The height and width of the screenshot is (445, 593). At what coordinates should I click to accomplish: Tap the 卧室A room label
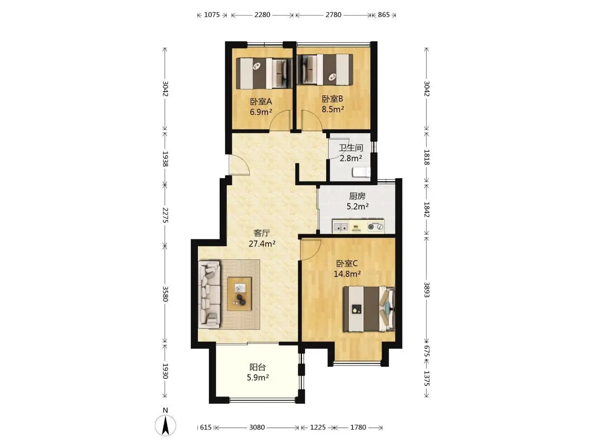[261, 102]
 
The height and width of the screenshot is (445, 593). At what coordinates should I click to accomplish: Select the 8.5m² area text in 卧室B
[332, 109]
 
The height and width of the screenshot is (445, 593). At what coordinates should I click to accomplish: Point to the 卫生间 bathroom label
[351, 148]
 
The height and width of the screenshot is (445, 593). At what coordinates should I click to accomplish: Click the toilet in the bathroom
[362, 172]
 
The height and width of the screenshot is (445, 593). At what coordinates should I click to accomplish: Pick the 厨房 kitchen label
[357, 196]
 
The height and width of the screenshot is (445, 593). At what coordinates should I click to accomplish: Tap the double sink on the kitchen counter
[340, 226]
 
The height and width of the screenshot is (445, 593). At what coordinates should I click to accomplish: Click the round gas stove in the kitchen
[375, 226]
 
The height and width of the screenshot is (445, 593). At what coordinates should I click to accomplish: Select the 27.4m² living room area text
[262, 244]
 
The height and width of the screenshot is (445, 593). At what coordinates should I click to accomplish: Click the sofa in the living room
[209, 295]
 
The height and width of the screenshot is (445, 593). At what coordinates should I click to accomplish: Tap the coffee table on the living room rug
[239, 294]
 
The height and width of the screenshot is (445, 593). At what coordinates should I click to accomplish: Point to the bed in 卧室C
[369, 309]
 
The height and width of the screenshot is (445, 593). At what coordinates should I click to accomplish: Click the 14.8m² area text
[347, 274]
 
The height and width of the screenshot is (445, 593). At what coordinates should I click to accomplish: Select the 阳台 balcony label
[258, 367]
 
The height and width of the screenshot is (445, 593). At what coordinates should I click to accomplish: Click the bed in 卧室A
[264, 73]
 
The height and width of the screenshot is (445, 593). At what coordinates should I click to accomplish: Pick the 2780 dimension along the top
[333, 15]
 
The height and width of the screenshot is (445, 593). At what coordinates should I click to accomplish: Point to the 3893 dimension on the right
[426, 290]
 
